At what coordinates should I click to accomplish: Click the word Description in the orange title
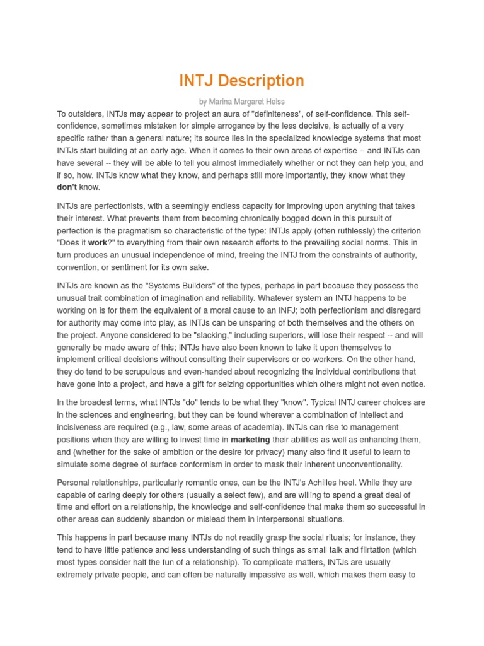coord(262,81)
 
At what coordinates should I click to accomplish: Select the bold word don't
coord(67,187)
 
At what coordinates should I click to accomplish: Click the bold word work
coord(98,243)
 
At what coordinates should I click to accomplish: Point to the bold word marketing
coord(250,440)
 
